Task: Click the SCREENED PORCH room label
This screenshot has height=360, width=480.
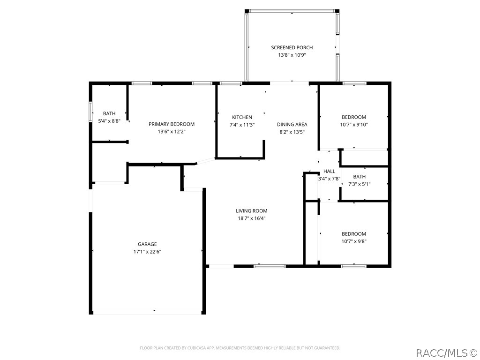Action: click(292, 47)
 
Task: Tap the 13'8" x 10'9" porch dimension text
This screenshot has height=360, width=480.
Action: click(292, 55)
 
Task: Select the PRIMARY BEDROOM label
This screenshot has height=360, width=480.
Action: click(172, 124)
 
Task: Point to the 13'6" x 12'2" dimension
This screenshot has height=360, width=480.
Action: click(172, 132)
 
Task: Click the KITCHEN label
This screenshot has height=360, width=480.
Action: click(242, 117)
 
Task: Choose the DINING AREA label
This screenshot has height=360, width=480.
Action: click(292, 124)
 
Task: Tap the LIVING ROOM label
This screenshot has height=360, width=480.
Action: click(251, 210)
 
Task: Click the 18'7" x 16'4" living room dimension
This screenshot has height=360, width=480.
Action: click(251, 218)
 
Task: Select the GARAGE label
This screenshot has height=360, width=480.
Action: click(147, 244)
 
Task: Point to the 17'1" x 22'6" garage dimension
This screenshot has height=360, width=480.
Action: click(147, 252)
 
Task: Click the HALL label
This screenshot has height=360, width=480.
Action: click(329, 171)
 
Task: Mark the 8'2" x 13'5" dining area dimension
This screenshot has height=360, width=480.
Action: click(292, 132)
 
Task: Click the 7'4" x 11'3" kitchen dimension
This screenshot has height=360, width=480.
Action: click(242, 125)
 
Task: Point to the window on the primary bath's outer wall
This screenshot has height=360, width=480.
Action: click(90, 112)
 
